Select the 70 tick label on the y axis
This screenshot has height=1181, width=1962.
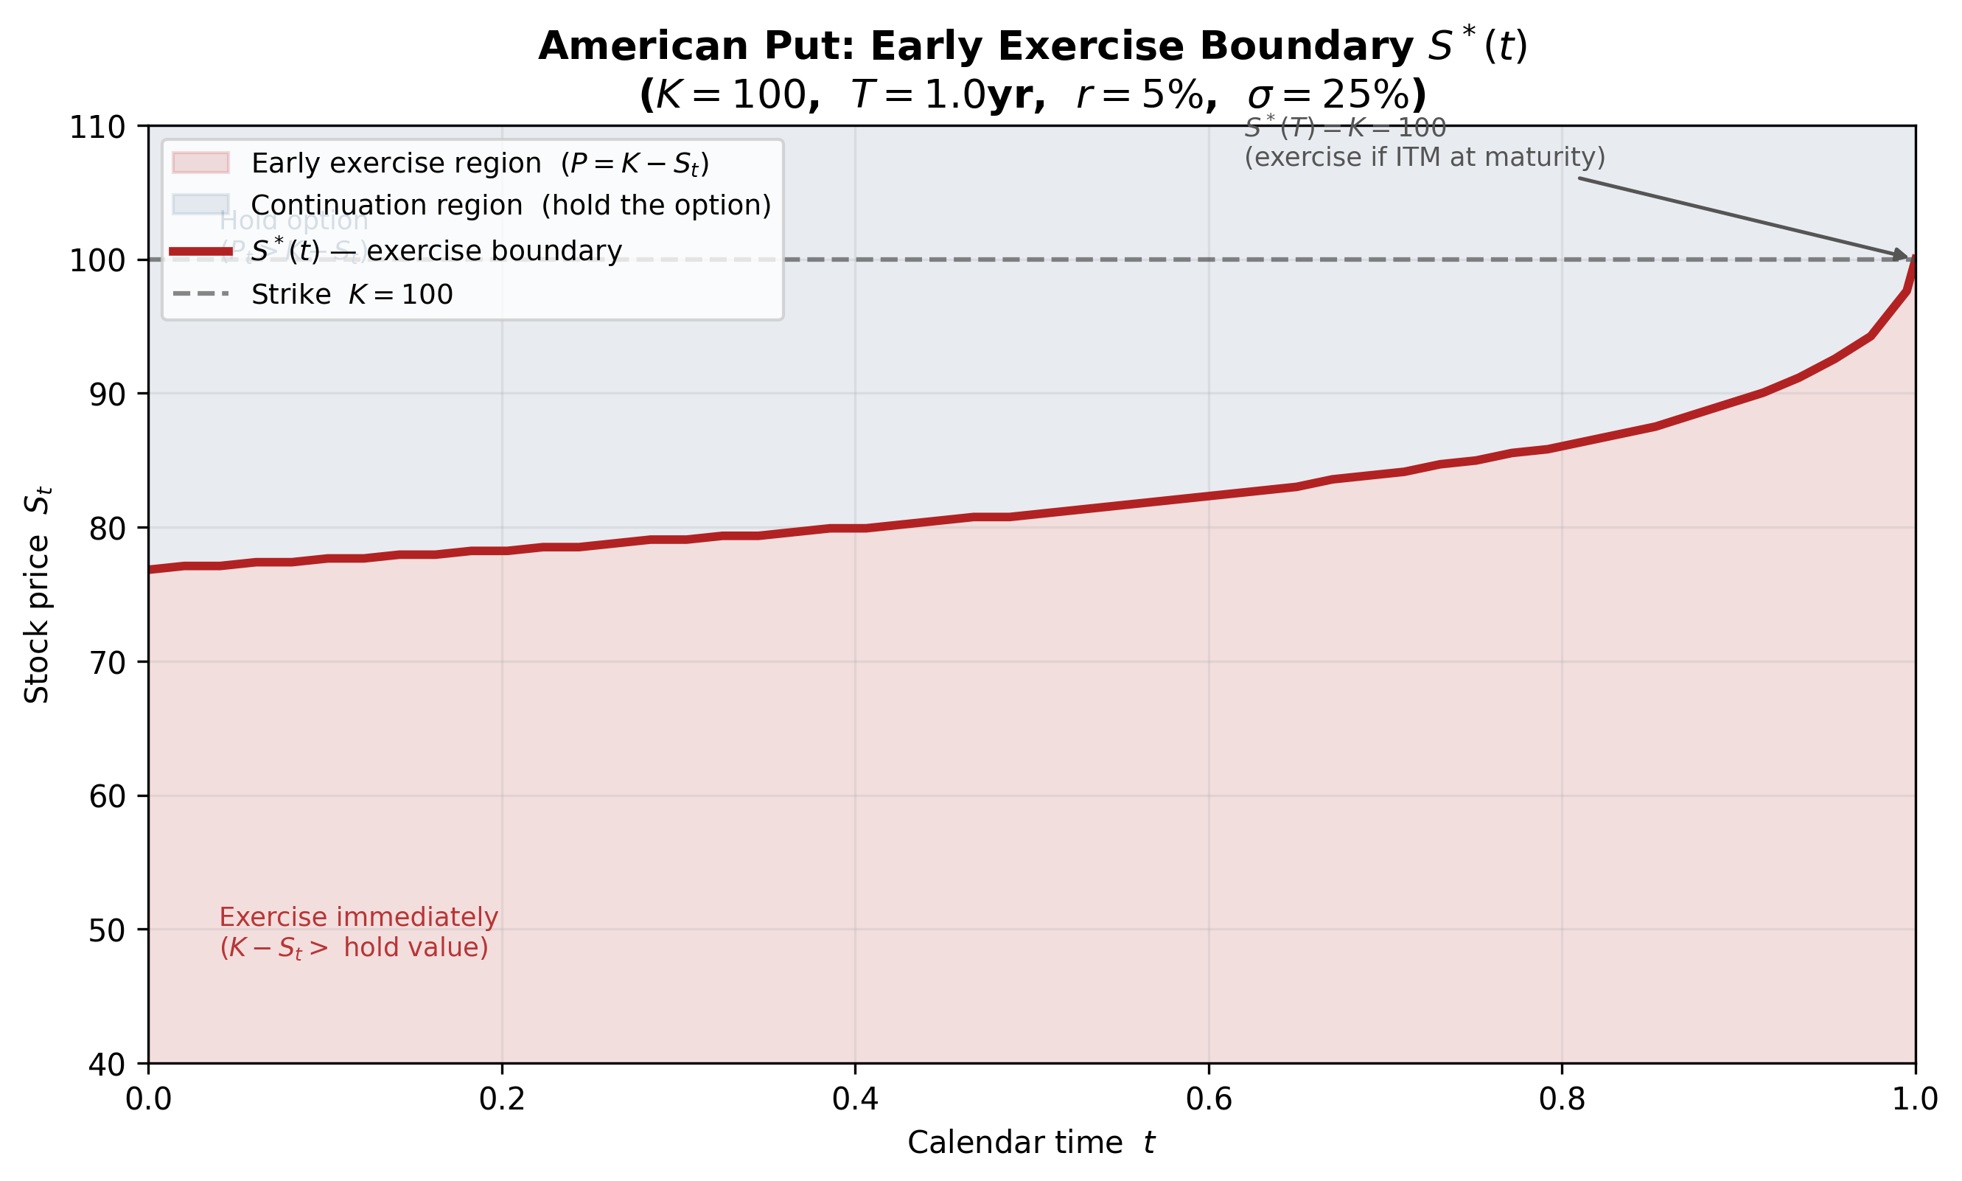coord(107,663)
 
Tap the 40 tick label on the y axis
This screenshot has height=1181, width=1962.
coord(107,1065)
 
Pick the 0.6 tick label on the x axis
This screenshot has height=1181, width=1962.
coord(1209,1099)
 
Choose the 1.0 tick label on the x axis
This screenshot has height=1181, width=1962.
coord(1914,1099)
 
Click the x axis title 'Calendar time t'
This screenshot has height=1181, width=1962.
coord(1031,1143)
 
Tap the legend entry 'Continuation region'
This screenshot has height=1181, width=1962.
coord(510,206)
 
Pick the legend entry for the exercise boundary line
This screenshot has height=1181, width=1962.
coord(436,251)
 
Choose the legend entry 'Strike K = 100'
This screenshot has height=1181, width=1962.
coord(352,294)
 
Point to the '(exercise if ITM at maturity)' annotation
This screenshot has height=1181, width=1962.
coord(1424,158)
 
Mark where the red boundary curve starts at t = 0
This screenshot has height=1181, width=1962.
coord(150,570)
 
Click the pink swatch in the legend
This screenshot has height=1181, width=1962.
coord(200,163)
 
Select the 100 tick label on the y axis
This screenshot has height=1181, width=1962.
coord(98,261)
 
